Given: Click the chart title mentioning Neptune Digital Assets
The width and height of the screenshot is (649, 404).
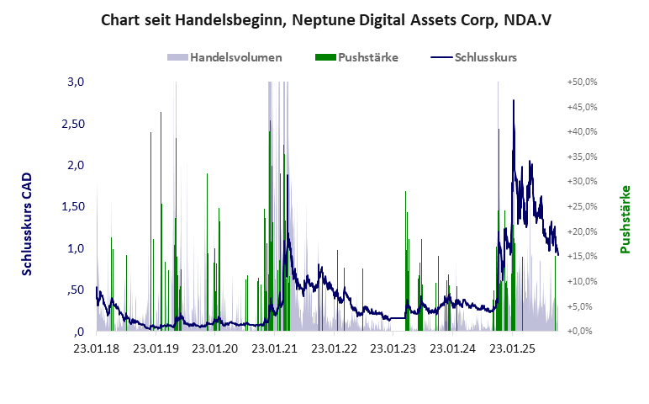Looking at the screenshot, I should click(325, 19).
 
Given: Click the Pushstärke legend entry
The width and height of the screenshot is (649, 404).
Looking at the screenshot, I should click(356, 57).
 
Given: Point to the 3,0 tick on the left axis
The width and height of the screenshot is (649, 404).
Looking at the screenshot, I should click(77, 82).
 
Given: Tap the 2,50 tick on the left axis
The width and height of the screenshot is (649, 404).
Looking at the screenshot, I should click(73, 124).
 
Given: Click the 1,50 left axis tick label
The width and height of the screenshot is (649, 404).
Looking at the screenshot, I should click(73, 207).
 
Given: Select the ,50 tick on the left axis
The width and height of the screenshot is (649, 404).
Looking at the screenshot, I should click(76, 290).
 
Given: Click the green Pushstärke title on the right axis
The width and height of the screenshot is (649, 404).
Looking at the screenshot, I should click(625, 219).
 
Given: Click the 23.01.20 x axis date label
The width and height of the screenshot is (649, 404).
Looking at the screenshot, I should click(216, 347).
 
